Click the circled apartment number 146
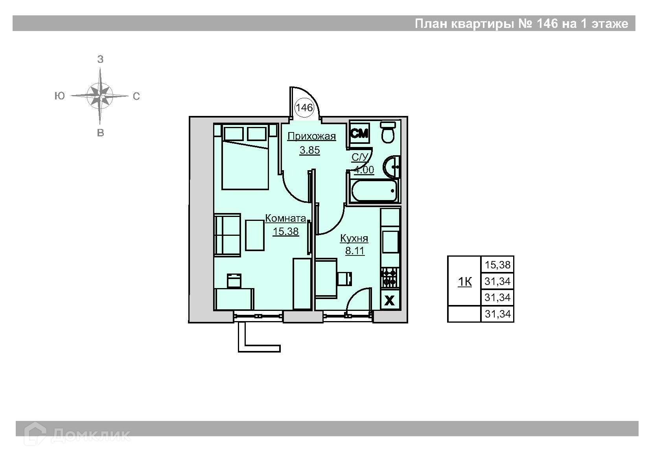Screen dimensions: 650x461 tap(304, 108)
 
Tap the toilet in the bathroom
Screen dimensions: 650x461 tap(388, 132)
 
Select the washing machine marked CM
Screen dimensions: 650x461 tap(359, 133)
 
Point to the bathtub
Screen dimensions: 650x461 tap(374, 191)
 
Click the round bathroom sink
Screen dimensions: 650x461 tap(391, 167)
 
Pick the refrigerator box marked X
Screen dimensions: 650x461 tap(389, 300)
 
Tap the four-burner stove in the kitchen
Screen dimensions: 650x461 tap(389, 278)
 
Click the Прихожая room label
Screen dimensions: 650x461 tap(311, 136)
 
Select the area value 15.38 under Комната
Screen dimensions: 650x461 tap(285, 231)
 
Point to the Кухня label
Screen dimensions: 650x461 tap(354, 238)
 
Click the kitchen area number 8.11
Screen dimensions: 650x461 tap(355, 250)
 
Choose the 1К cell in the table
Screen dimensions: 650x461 tap(464, 281)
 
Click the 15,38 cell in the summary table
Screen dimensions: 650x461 tap(497, 264)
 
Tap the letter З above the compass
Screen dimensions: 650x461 tap(100, 59)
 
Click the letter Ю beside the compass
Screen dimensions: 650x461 tap(59, 96)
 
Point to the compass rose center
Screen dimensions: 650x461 tap(100, 96)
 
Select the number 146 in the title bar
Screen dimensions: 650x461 tap(547, 24)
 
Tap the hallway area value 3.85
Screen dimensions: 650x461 tap(309, 150)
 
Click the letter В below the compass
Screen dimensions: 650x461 tap(100, 133)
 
